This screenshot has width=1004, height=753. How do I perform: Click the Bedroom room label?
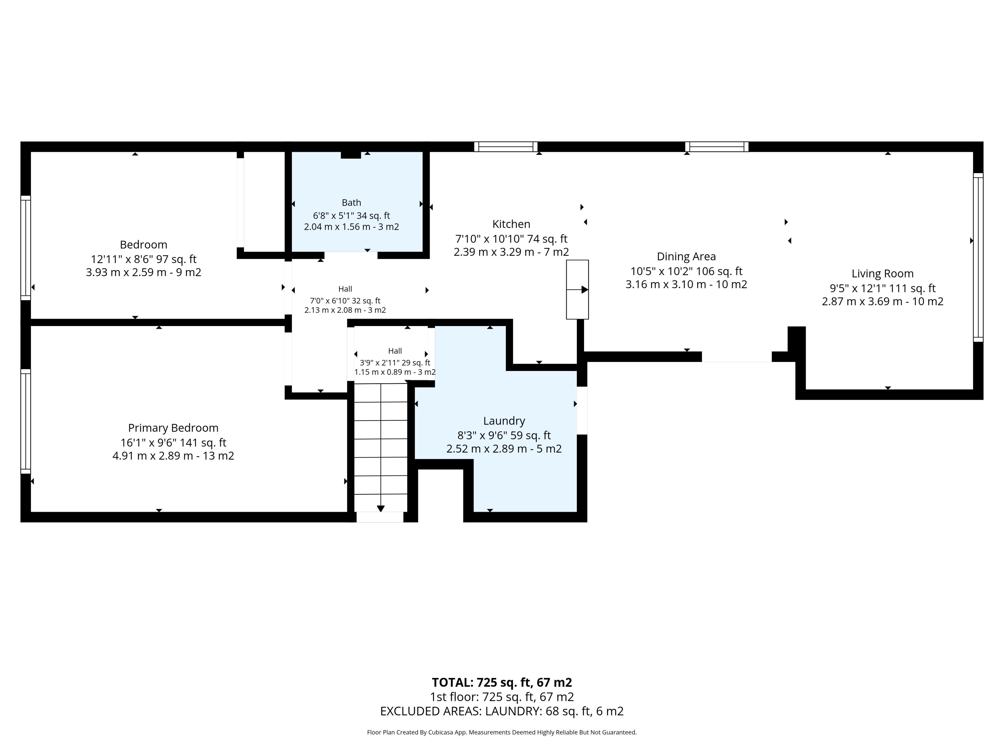click(x=144, y=245)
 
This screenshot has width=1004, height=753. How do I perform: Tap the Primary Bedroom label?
click(x=173, y=428)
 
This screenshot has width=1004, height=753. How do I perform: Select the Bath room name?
click(x=351, y=202)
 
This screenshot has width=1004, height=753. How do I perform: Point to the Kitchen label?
click(x=511, y=224)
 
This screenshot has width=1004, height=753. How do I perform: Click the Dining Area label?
click(x=686, y=256)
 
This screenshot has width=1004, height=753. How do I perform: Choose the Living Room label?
click(x=882, y=274)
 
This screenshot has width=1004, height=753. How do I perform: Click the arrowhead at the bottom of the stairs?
click(x=381, y=509)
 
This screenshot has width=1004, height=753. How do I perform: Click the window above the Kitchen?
click(x=506, y=147)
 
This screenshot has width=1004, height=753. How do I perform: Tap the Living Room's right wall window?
click(x=978, y=257)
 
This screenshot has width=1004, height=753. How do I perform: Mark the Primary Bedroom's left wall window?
click(x=25, y=421)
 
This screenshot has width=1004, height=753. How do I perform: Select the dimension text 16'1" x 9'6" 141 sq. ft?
click(x=173, y=443)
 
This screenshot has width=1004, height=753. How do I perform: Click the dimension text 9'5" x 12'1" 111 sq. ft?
click(x=883, y=288)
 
